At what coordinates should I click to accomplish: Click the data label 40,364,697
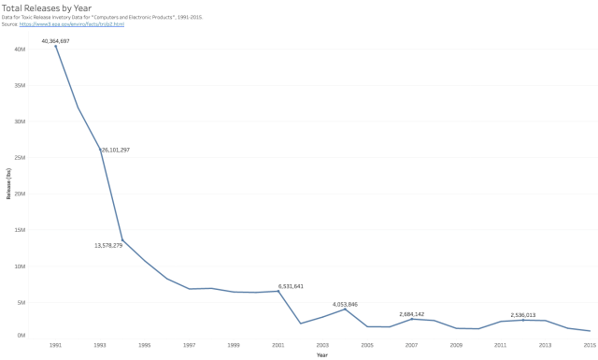tap(55, 41)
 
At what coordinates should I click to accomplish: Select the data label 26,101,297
tap(116, 150)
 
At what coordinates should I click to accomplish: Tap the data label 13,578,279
tap(115, 245)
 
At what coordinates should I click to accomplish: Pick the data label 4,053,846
tap(345, 304)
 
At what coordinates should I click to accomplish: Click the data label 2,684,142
tap(411, 314)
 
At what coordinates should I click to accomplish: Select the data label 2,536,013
tap(522, 315)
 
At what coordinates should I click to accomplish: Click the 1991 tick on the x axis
tap(55, 345)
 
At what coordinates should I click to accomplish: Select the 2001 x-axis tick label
tap(278, 345)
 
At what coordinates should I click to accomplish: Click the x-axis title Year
tap(321, 354)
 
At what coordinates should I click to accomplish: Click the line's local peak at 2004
tap(345, 309)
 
